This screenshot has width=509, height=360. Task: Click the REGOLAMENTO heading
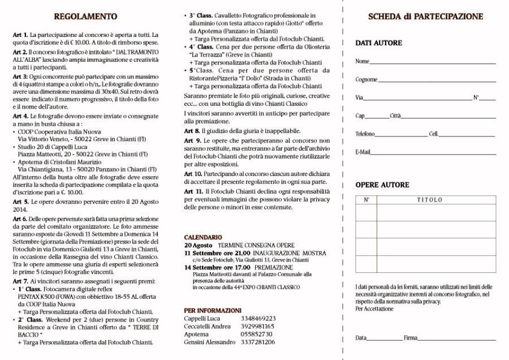click(85, 17)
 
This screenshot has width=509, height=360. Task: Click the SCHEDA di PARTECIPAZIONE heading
click(425, 17)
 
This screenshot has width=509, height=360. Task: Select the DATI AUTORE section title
click(378, 43)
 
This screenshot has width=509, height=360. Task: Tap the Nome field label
click(362, 61)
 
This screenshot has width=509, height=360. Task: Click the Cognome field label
click(366, 80)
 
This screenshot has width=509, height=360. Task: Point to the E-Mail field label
click(363, 153)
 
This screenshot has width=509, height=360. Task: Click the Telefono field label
click(365, 134)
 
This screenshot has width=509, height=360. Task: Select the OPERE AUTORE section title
click(382, 185)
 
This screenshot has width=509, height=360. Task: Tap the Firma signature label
click(410, 338)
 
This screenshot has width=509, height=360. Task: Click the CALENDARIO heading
click(203, 237)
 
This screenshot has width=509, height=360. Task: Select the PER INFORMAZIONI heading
click(213, 310)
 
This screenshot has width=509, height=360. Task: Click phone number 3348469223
click(258, 318)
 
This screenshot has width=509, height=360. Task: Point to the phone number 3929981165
click(258, 326)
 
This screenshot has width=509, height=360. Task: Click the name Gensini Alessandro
click(209, 342)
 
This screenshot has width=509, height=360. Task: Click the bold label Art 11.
click(193, 192)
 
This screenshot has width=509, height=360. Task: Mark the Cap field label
click(360, 116)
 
